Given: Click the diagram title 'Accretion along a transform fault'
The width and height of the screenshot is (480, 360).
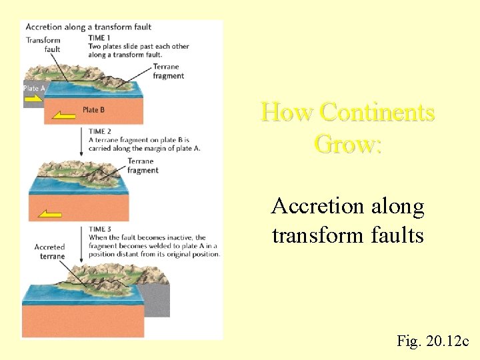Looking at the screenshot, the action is tap(88, 27).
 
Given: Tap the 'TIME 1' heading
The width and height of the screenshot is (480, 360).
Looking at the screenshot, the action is tap(99, 37).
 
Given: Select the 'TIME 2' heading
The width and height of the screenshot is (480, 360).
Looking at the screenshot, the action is tap(100, 131).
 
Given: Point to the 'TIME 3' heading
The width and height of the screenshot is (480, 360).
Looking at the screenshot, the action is tap(100, 229).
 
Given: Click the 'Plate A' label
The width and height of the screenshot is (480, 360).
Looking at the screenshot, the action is tap(35, 89).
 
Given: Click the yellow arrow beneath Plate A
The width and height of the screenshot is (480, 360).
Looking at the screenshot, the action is tap(34, 99).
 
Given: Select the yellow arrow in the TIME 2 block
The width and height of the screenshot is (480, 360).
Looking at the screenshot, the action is tap(51, 214).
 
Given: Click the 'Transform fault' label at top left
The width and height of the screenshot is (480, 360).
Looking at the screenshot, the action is tap(43, 45).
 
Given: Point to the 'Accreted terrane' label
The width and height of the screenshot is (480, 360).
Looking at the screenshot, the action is tap(50, 251).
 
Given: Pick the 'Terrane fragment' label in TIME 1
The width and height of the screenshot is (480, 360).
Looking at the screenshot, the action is tap(168, 71).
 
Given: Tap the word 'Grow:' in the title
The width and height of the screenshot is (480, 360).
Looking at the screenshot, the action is tap(347, 143).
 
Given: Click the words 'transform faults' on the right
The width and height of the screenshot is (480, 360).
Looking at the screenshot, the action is tap(347, 235).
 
